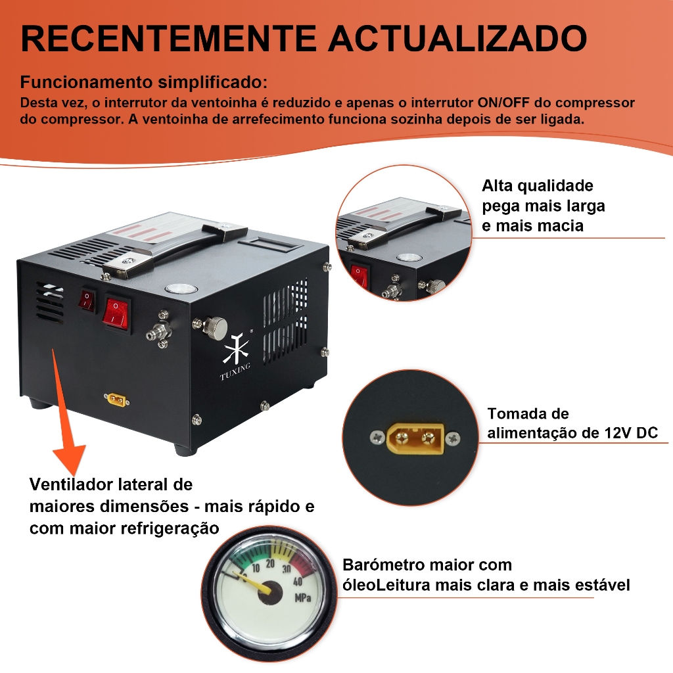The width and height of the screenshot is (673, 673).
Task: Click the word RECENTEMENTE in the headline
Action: (168, 38)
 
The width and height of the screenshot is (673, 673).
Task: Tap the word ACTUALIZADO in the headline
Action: (458, 38)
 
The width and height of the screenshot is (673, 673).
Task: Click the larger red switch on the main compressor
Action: (116, 313)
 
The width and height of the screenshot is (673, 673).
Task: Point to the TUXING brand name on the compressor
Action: (235, 372)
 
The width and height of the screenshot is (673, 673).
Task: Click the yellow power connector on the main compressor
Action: (117, 400)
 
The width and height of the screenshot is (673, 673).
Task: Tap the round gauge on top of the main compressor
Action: (181, 289)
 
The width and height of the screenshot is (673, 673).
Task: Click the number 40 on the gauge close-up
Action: (298, 582)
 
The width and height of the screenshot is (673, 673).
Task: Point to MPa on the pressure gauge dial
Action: (302, 597)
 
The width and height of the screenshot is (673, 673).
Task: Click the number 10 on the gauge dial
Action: (256, 569)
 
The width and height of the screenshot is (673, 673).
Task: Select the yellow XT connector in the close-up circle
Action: (415, 438)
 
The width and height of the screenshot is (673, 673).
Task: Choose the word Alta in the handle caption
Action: (497, 185)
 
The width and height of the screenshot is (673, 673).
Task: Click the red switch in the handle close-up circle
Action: (360, 276)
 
